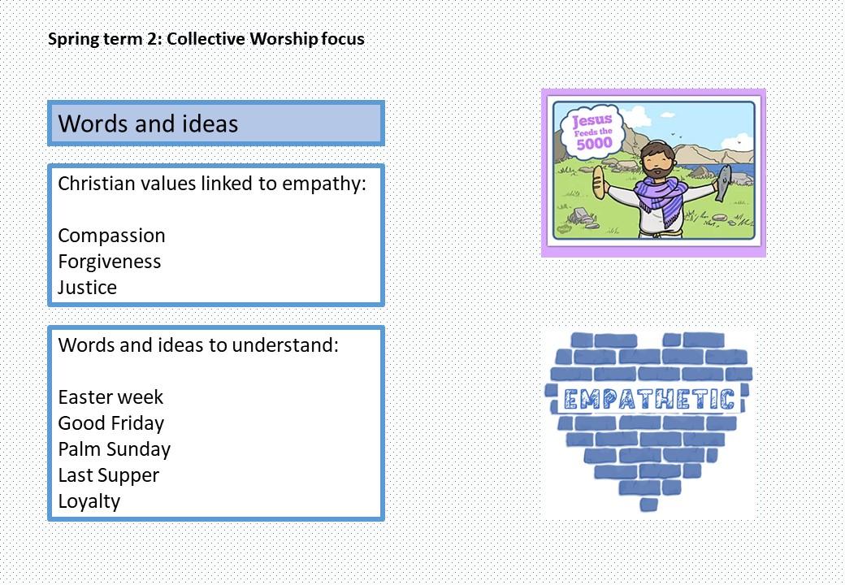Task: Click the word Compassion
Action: coord(111,236)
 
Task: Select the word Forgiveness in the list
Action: coord(110,262)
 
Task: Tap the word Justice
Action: coord(87,288)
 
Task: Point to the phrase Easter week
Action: coord(110,397)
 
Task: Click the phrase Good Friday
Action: coord(111,423)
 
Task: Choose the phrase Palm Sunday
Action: coord(115,449)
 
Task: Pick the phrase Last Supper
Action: coord(108,475)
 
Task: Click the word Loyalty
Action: coord(89,501)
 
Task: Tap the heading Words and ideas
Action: coord(148,123)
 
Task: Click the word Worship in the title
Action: coord(284,39)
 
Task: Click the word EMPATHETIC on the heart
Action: coord(649,399)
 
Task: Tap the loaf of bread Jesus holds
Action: coord(598,183)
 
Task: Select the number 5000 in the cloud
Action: coord(594,143)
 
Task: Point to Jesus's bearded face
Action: coord(656,161)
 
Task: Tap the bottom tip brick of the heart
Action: coord(649,505)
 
